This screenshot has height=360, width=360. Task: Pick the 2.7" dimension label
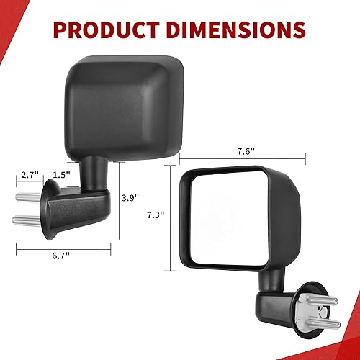(x=29, y=175)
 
